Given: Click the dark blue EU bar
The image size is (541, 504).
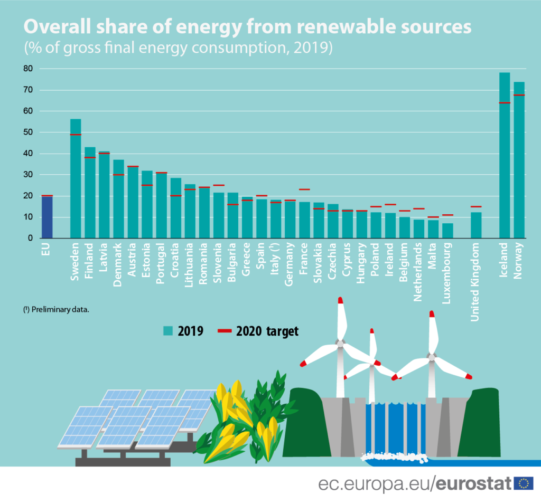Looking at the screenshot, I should [47, 217].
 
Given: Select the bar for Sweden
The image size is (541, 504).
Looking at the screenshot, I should [76, 179].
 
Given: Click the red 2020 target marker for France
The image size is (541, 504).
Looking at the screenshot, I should [304, 189].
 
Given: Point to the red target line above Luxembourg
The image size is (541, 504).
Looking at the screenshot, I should [447, 215].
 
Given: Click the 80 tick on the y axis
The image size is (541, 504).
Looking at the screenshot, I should [27, 69].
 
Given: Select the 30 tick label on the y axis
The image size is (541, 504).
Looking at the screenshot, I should [27, 175].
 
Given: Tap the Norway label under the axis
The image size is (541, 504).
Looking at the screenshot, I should [519, 260].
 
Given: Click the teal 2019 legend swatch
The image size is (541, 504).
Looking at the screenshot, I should [167, 331].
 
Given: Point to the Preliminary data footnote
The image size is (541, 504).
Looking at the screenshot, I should [55, 310].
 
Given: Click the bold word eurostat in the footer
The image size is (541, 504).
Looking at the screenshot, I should [474, 483].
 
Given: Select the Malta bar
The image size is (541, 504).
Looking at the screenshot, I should [433, 229].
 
